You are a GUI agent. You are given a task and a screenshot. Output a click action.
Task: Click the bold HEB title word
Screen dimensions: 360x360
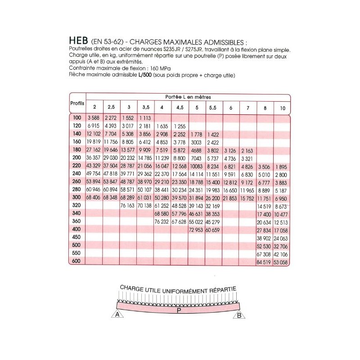pos(79,40)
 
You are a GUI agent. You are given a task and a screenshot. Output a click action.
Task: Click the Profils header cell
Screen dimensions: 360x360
pos(77,103)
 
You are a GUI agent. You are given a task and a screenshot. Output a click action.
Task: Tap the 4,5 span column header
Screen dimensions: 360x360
pos(180,108)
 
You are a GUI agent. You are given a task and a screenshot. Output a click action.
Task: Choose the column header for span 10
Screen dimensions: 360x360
pos(282,108)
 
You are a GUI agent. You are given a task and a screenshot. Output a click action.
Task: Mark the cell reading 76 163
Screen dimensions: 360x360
pos(128,206)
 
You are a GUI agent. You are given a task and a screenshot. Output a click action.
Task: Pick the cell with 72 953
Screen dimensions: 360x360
pos(197,229)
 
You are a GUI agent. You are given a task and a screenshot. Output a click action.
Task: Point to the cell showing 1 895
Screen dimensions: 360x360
pos(282,166)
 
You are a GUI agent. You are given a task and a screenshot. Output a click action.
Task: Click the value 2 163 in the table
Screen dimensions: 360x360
pos(248,150)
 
